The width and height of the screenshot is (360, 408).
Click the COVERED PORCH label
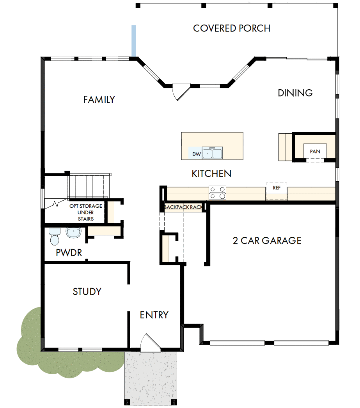click(232, 28)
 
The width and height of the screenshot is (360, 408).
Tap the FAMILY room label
click(99, 100)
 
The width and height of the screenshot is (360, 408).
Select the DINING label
click(295, 93)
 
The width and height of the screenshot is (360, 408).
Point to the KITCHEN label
click(211, 174)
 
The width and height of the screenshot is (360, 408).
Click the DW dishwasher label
click(196, 155)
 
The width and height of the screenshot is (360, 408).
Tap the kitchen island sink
click(212, 153)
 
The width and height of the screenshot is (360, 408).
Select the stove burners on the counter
click(218, 193)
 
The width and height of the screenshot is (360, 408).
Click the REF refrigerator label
click(277, 188)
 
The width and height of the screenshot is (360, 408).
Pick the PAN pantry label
click(315, 151)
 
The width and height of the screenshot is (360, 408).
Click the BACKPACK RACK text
click(183, 207)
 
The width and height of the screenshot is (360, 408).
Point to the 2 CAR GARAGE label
click(267, 240)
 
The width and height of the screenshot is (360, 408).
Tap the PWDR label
click(69, 253)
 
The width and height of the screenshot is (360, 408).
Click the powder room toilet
click(54, 236)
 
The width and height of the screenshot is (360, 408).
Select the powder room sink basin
click(73, 233)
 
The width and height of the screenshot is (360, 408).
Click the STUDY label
click(87, 291)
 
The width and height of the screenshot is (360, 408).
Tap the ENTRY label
click(154, 315)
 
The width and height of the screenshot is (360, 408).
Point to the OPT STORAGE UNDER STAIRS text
click(86, 212)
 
